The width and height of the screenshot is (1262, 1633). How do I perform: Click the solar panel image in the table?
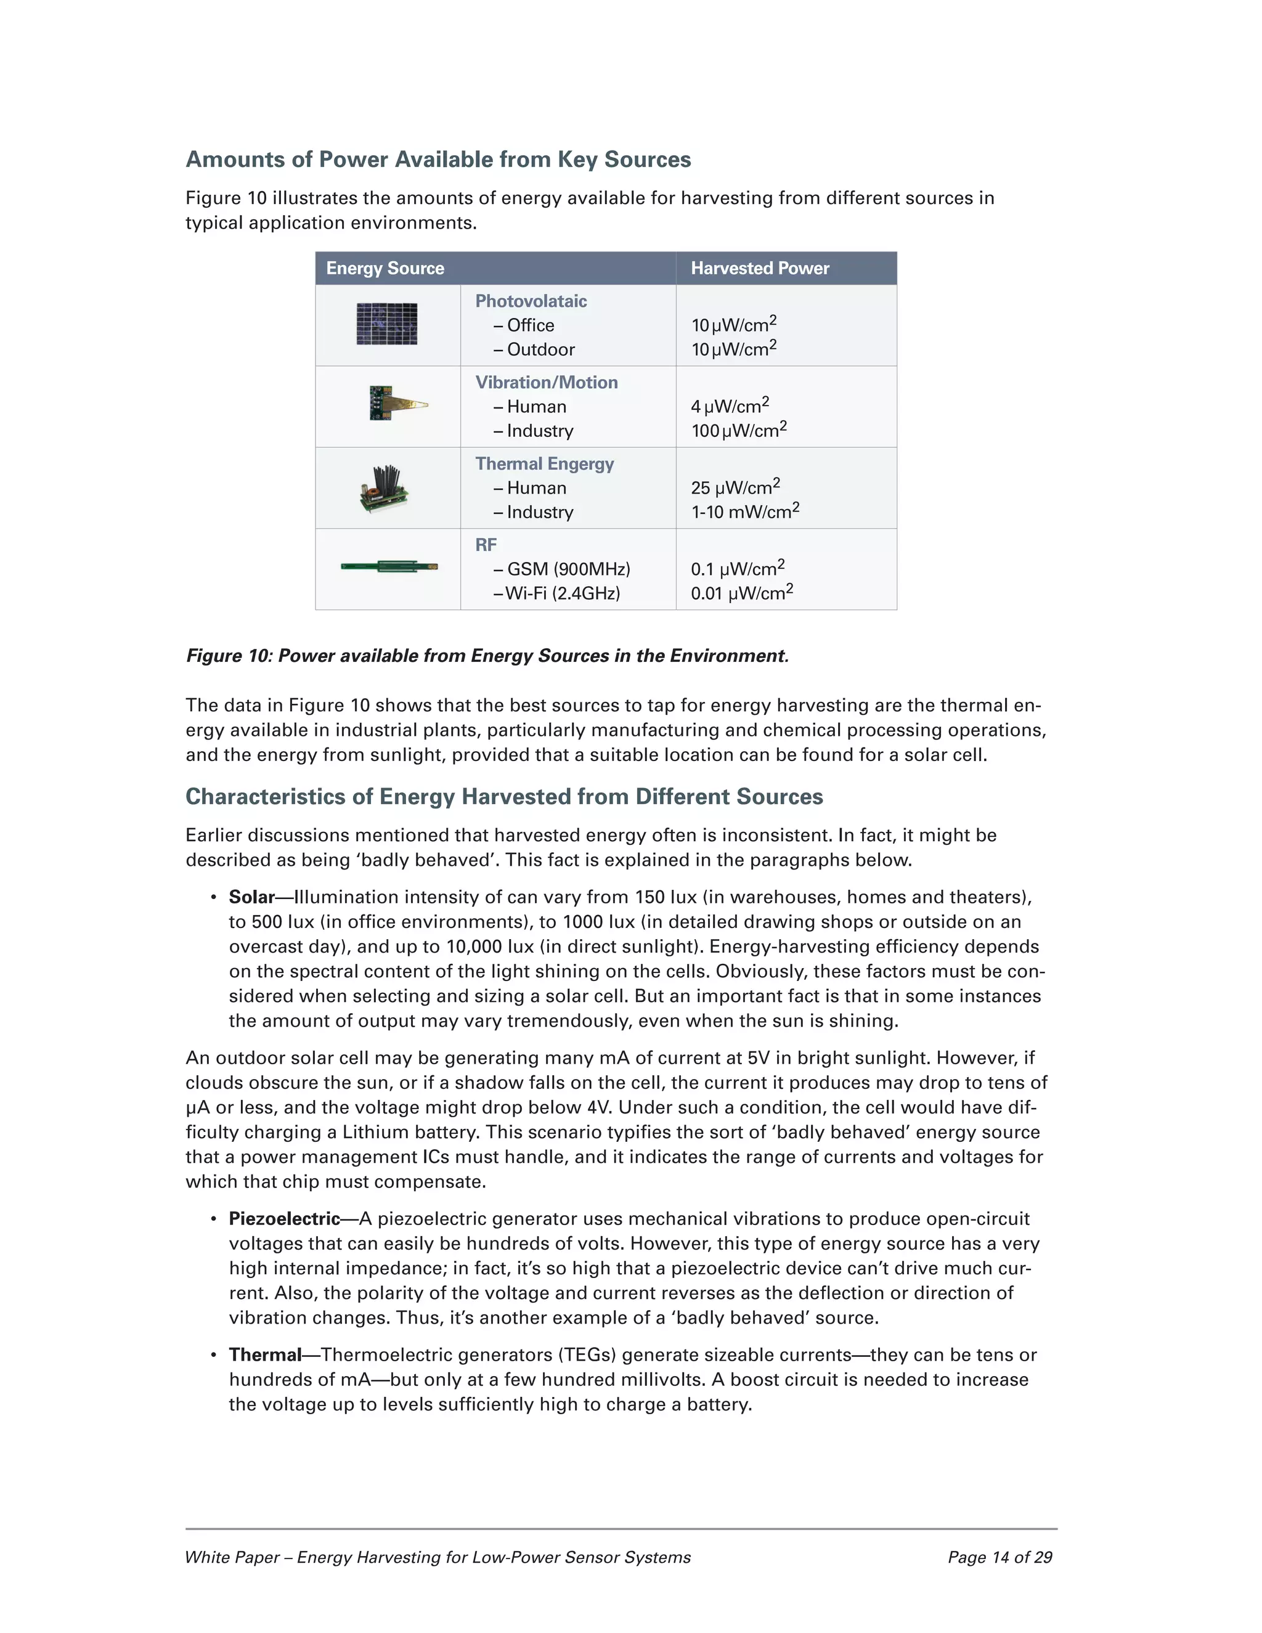pyautogui.click(x=386, y=324)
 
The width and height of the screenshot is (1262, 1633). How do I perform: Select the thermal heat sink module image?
pyautogui.click(x=385, y=487)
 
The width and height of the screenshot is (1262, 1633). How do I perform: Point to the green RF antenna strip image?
pyautogui.click(x=389, y=567)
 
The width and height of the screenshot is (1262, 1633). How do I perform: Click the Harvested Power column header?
pyautogui.click(x=760, y=269)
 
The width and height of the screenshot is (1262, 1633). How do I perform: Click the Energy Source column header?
pyautogui.click(x=385, y=269)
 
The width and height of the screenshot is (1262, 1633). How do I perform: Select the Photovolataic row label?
pyautogui.click(x=531, y=301)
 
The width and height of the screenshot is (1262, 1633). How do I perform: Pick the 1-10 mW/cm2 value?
pyautogui.click(x=744, y=511)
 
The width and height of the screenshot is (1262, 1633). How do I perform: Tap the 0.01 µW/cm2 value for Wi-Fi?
pyautogui.click(x=742, y=593)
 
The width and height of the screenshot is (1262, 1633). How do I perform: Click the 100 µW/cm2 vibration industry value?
pyautogui.click(x=739, y=430)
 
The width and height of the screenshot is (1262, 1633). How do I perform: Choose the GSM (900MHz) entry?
pyautogui.click(x=568, y=569)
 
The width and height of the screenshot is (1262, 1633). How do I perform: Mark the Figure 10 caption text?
pyautogui.click(x=487, y=656)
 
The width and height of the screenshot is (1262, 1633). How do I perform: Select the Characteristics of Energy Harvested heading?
pyautogui.click(x=504, y=796)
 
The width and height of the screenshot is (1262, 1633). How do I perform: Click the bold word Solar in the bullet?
pyautogui.click(x=251, y=897)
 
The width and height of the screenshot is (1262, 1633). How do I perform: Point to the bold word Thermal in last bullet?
pyautogui.click(x=264, y=1355)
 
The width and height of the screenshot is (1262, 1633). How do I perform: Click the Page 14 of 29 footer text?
pyautogui.click(x=999, y=1557)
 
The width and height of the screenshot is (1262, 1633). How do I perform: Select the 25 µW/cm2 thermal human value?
pyautogui.click(x=735, y=487)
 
